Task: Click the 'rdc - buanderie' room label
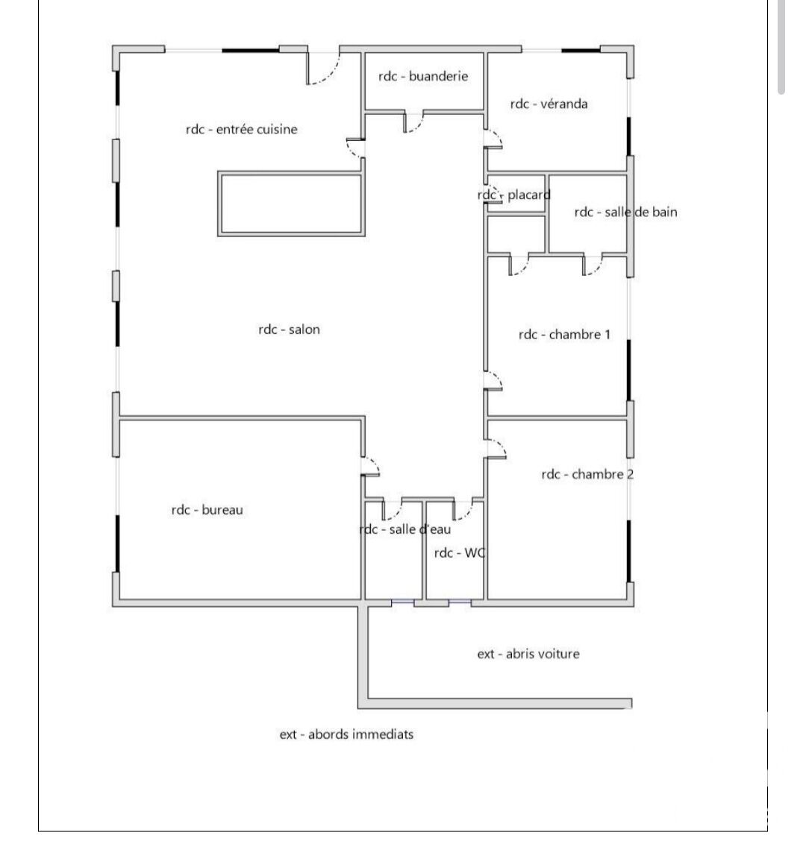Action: (423, 76)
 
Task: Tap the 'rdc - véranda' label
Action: (549, 104)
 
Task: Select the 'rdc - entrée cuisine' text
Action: (242, 129)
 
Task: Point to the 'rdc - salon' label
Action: (289, 330)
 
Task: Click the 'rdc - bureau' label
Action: (207, 509)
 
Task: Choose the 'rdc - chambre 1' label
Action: (564, 335)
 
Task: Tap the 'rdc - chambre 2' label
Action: (587, 474)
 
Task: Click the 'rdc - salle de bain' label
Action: (625, 212)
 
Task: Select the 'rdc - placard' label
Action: (514, 195)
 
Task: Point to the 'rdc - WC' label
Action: (460, 552)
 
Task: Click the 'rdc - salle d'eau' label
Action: (405, 529)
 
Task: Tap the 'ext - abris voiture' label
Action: (528, 654)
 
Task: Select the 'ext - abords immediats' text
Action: (346, 734)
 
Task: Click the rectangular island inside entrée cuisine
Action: (291, 204)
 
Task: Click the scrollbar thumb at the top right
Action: (781, 47)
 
